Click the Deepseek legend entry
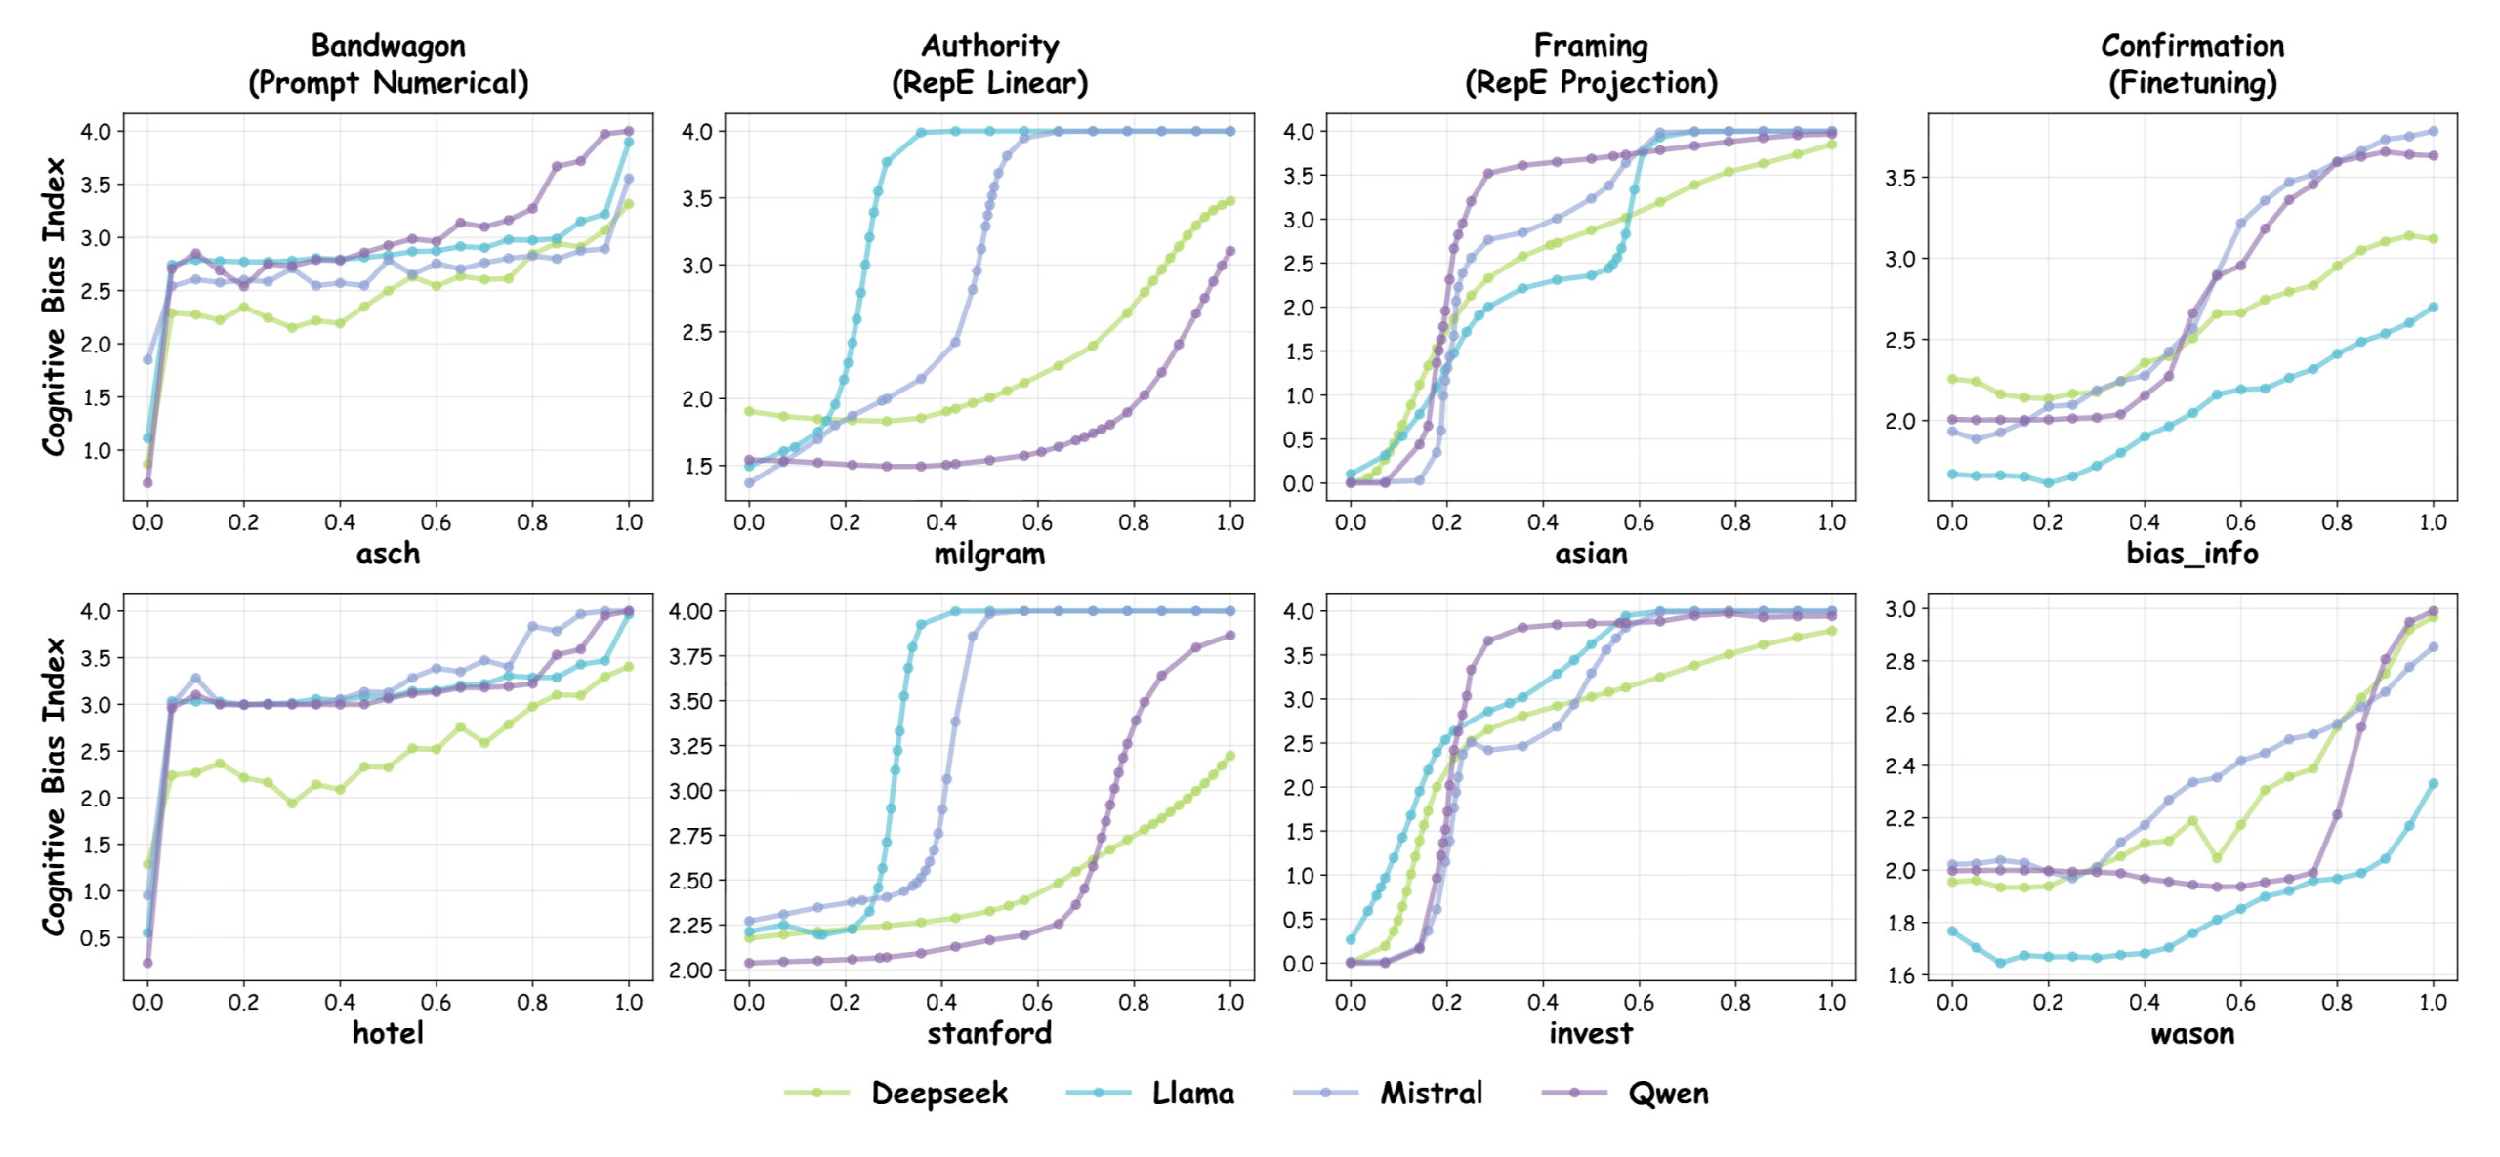(x=937, y=1093)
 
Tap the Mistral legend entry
(x=1431, y=1093)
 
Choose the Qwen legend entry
(x=1668, y=1093)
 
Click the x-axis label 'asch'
(x=388, y=554)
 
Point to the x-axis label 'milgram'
(x=989, y=554)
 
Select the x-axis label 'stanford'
(x=989, y=1033)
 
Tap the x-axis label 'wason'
(x=2192, y=1033)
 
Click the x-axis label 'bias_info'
(x=2192, y=554)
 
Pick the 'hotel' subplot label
(x=388, y=1033)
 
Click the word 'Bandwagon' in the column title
(x=388, y=46)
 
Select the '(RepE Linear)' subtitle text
(x=989, y=83)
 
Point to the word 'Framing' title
(x=1591, y=46)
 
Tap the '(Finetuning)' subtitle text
(x=2192, y=83)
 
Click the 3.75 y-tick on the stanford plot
(x=690, y=656)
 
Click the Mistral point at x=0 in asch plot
(x=147, y=359)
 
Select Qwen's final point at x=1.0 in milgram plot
(x=1230, y=251)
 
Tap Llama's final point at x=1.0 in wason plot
(x=2434, y=783)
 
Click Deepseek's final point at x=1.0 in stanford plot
(x=1230, y=756)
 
